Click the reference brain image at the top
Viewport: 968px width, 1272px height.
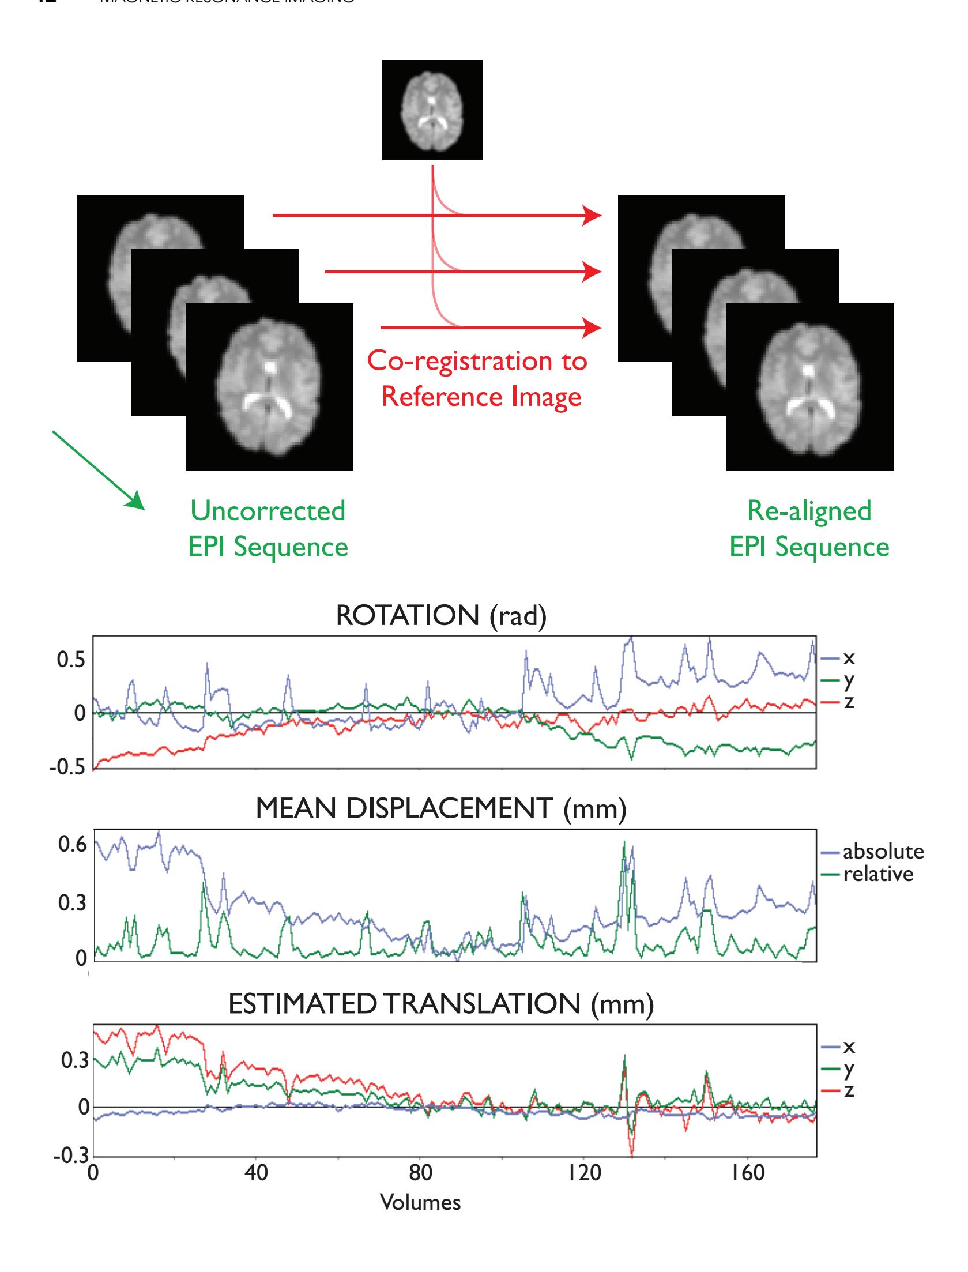pyautogui.click(x=432, y=110)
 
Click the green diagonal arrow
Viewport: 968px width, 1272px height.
pyautogui.click(x=97, y=470)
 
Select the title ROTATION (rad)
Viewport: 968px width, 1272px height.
pyautogui.click(x=440, y=616)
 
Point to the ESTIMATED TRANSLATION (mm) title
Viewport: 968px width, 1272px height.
pyautogui.click(x=440, y=1004)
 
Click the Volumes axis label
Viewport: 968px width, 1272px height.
pyautogui.click(x=420, y=1202)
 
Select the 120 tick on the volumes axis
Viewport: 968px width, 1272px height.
pyautogui.click(x=584, y=1172)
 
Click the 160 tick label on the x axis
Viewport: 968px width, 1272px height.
pyautogui.click(x=748, y=1172)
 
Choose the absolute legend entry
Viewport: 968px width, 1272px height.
pyautogui.click(x=883, y=852)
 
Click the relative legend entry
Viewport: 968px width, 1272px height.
pyautogui.click(x=878, y=874)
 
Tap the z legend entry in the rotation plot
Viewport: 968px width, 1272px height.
pyautogui.click(x=849, y=702)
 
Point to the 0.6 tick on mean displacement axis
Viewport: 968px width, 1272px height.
pyautogui.click(x=71, y=845)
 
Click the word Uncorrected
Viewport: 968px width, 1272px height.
pyautogui.click(x=268, y=511)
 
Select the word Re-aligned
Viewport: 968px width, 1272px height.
pyautogui.click(x=809, y=511)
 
